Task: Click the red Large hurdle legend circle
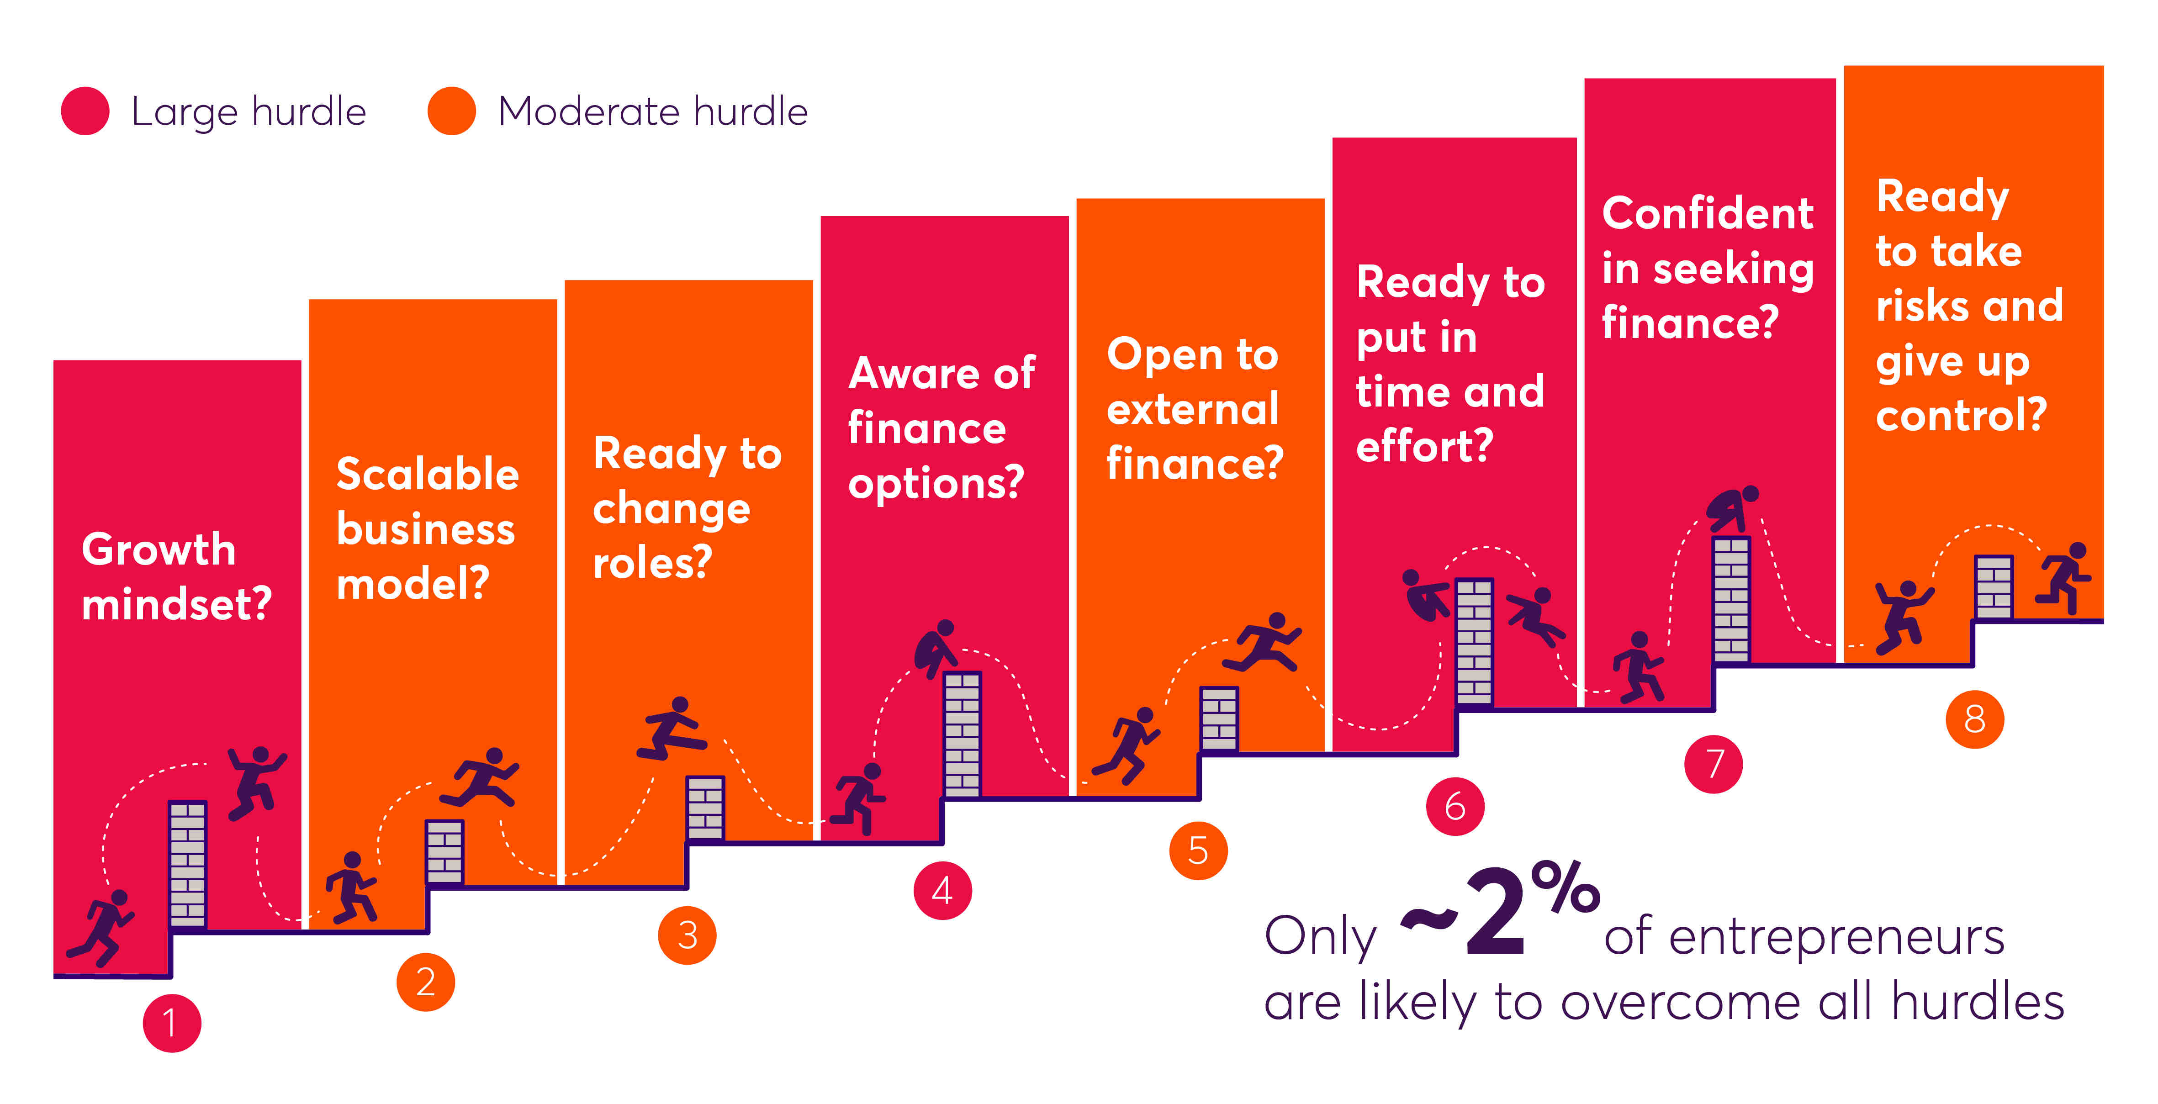85,111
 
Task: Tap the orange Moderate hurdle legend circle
451,111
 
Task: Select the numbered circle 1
172,1023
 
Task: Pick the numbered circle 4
942,890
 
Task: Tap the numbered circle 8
1974,718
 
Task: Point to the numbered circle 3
687,935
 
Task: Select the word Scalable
427,474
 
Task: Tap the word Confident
1707,213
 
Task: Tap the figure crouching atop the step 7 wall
1732,508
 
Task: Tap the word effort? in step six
1424,446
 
